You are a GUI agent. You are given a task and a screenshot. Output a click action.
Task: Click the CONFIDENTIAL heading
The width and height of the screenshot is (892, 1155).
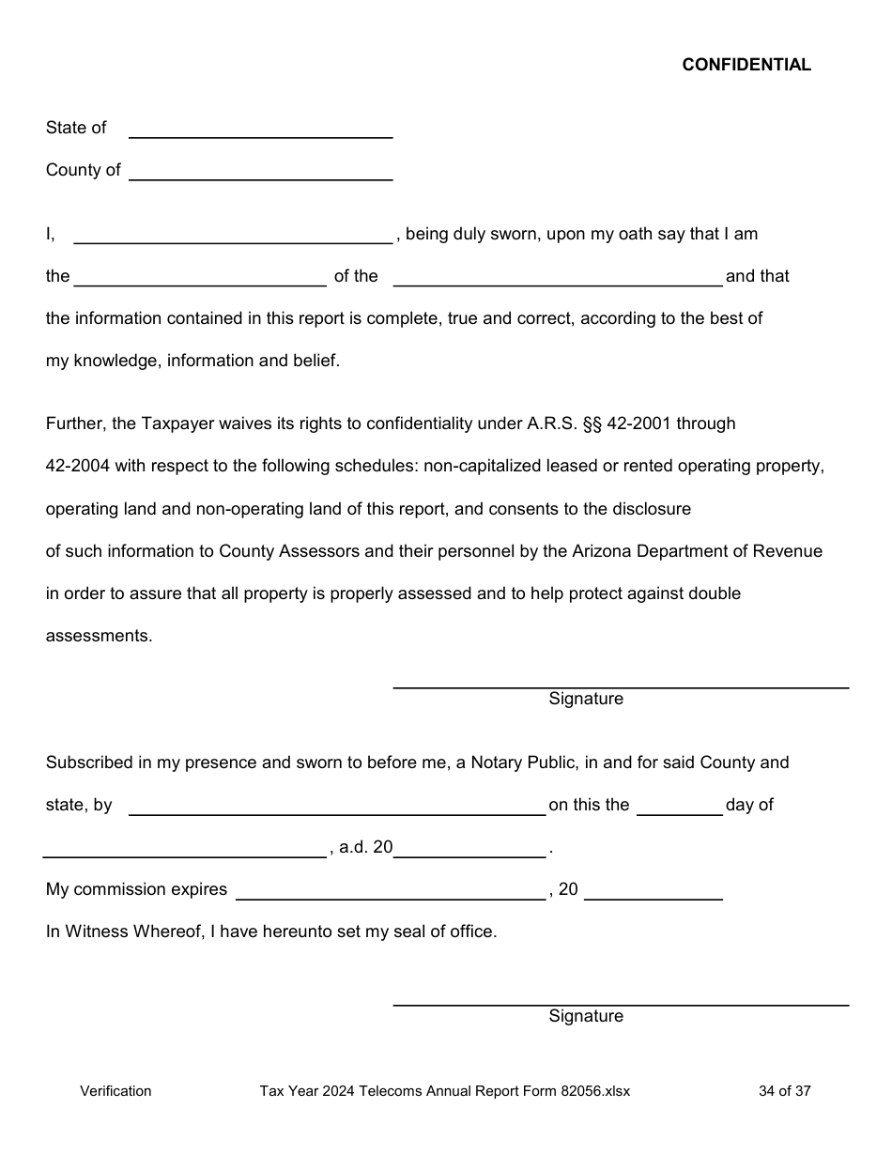pos(746,65)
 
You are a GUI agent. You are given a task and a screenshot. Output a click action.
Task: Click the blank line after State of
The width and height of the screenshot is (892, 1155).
pos(260,130)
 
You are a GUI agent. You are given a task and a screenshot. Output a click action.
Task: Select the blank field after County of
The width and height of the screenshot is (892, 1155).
pos(260,172)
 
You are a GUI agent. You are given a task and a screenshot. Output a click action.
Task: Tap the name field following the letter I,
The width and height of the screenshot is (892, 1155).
pos(233,235)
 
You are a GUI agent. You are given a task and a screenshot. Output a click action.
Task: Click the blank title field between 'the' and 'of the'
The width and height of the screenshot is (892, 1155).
pos(200,277)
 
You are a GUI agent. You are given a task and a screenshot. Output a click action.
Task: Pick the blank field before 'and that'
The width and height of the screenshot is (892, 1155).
pos(558,277)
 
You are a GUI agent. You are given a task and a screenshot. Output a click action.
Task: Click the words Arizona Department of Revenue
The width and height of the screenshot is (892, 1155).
pos(697,551)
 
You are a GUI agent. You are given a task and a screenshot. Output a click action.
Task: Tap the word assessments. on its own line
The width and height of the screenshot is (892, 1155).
pos(99,636)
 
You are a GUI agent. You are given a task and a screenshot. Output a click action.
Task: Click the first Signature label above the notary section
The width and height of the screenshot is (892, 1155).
pos(586,699)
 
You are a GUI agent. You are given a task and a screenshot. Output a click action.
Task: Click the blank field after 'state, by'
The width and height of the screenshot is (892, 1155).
pos(336,807)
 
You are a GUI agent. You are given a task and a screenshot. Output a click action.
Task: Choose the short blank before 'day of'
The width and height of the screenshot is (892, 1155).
pos(679,807)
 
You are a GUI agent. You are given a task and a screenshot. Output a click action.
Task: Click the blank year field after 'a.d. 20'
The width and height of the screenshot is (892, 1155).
pos(469,849)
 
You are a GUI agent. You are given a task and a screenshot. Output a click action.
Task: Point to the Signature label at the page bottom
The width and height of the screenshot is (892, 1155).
pos(586,1016)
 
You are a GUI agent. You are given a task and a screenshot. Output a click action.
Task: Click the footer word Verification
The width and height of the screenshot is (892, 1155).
pos(115,1091)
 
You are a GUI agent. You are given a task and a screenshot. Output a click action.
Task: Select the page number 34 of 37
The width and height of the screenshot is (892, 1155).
pos(784,1091)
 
